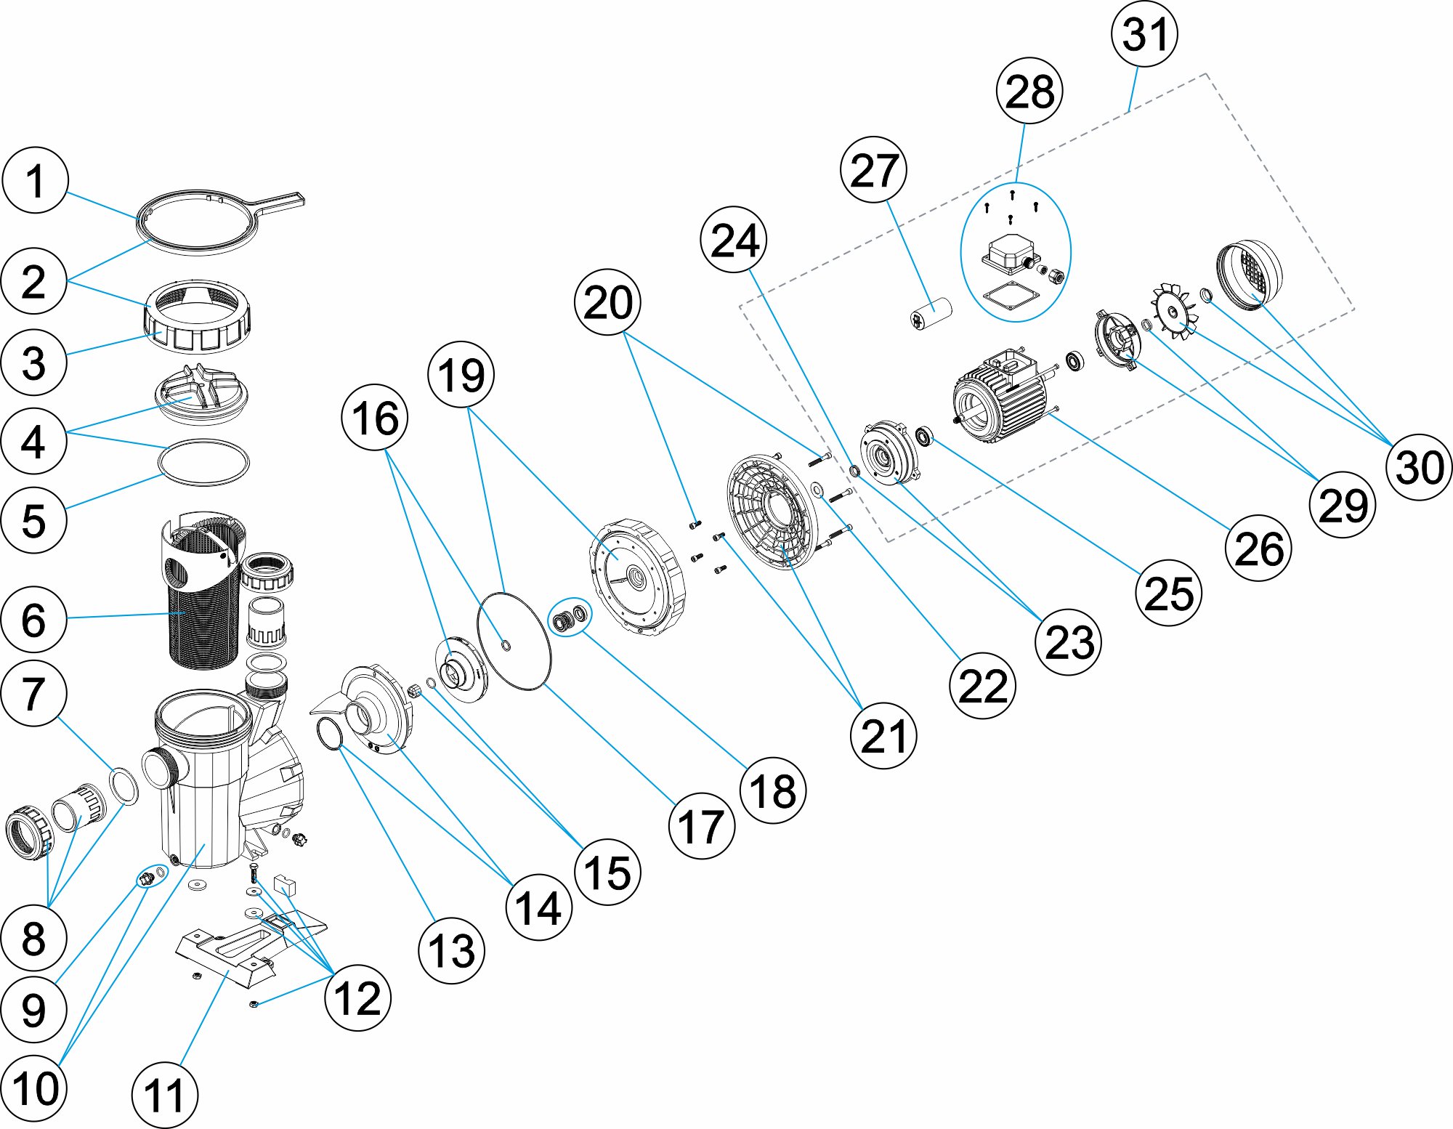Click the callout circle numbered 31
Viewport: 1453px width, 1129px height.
[1144, 34]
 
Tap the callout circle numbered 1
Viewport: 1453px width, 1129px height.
[35, 180]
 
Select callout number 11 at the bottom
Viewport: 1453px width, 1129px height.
[164, 1095]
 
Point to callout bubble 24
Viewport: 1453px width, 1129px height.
[734, 240]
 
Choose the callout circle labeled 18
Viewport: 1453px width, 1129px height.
[773, 790]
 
